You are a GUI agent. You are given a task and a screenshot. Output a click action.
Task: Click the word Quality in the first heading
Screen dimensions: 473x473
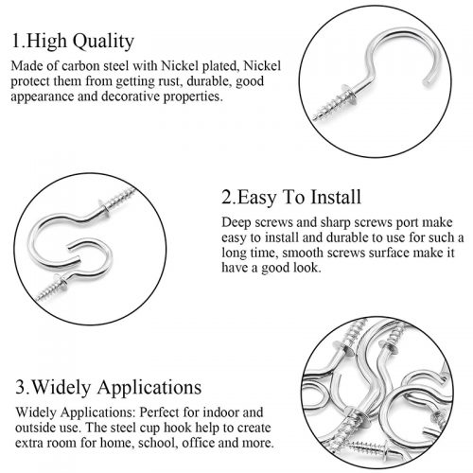click(105, 42)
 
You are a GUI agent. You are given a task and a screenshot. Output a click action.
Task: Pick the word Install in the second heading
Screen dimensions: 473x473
click(336, 197)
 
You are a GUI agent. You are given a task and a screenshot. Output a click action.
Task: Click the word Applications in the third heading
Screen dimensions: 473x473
click(149, 388)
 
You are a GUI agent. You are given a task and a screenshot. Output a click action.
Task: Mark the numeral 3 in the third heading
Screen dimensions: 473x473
click(21, 387)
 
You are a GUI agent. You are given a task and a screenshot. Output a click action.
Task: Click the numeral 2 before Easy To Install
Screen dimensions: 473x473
click(227, 197)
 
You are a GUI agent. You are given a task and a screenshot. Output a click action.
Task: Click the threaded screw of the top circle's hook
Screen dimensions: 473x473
click(328, 108)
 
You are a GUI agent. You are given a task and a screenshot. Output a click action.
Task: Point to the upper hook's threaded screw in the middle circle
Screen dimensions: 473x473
click(121, 198)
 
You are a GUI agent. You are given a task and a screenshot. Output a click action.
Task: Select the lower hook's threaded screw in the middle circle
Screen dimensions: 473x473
click(47, 291)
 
